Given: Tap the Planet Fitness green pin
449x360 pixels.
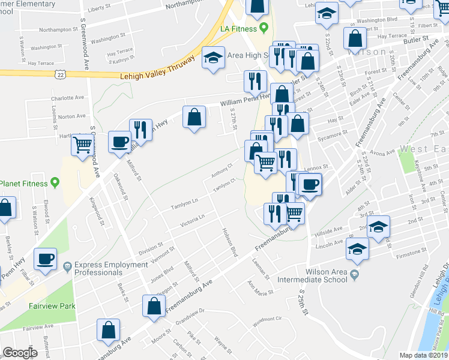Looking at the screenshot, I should [55, 182].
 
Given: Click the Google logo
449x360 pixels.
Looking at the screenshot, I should [20, 353].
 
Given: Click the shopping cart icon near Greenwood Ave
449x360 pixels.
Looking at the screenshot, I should [82, 145].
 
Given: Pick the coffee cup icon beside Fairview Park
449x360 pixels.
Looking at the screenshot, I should [46, 259].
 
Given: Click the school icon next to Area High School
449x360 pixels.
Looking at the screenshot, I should [213, 58].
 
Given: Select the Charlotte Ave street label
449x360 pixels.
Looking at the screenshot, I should [67, 98].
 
